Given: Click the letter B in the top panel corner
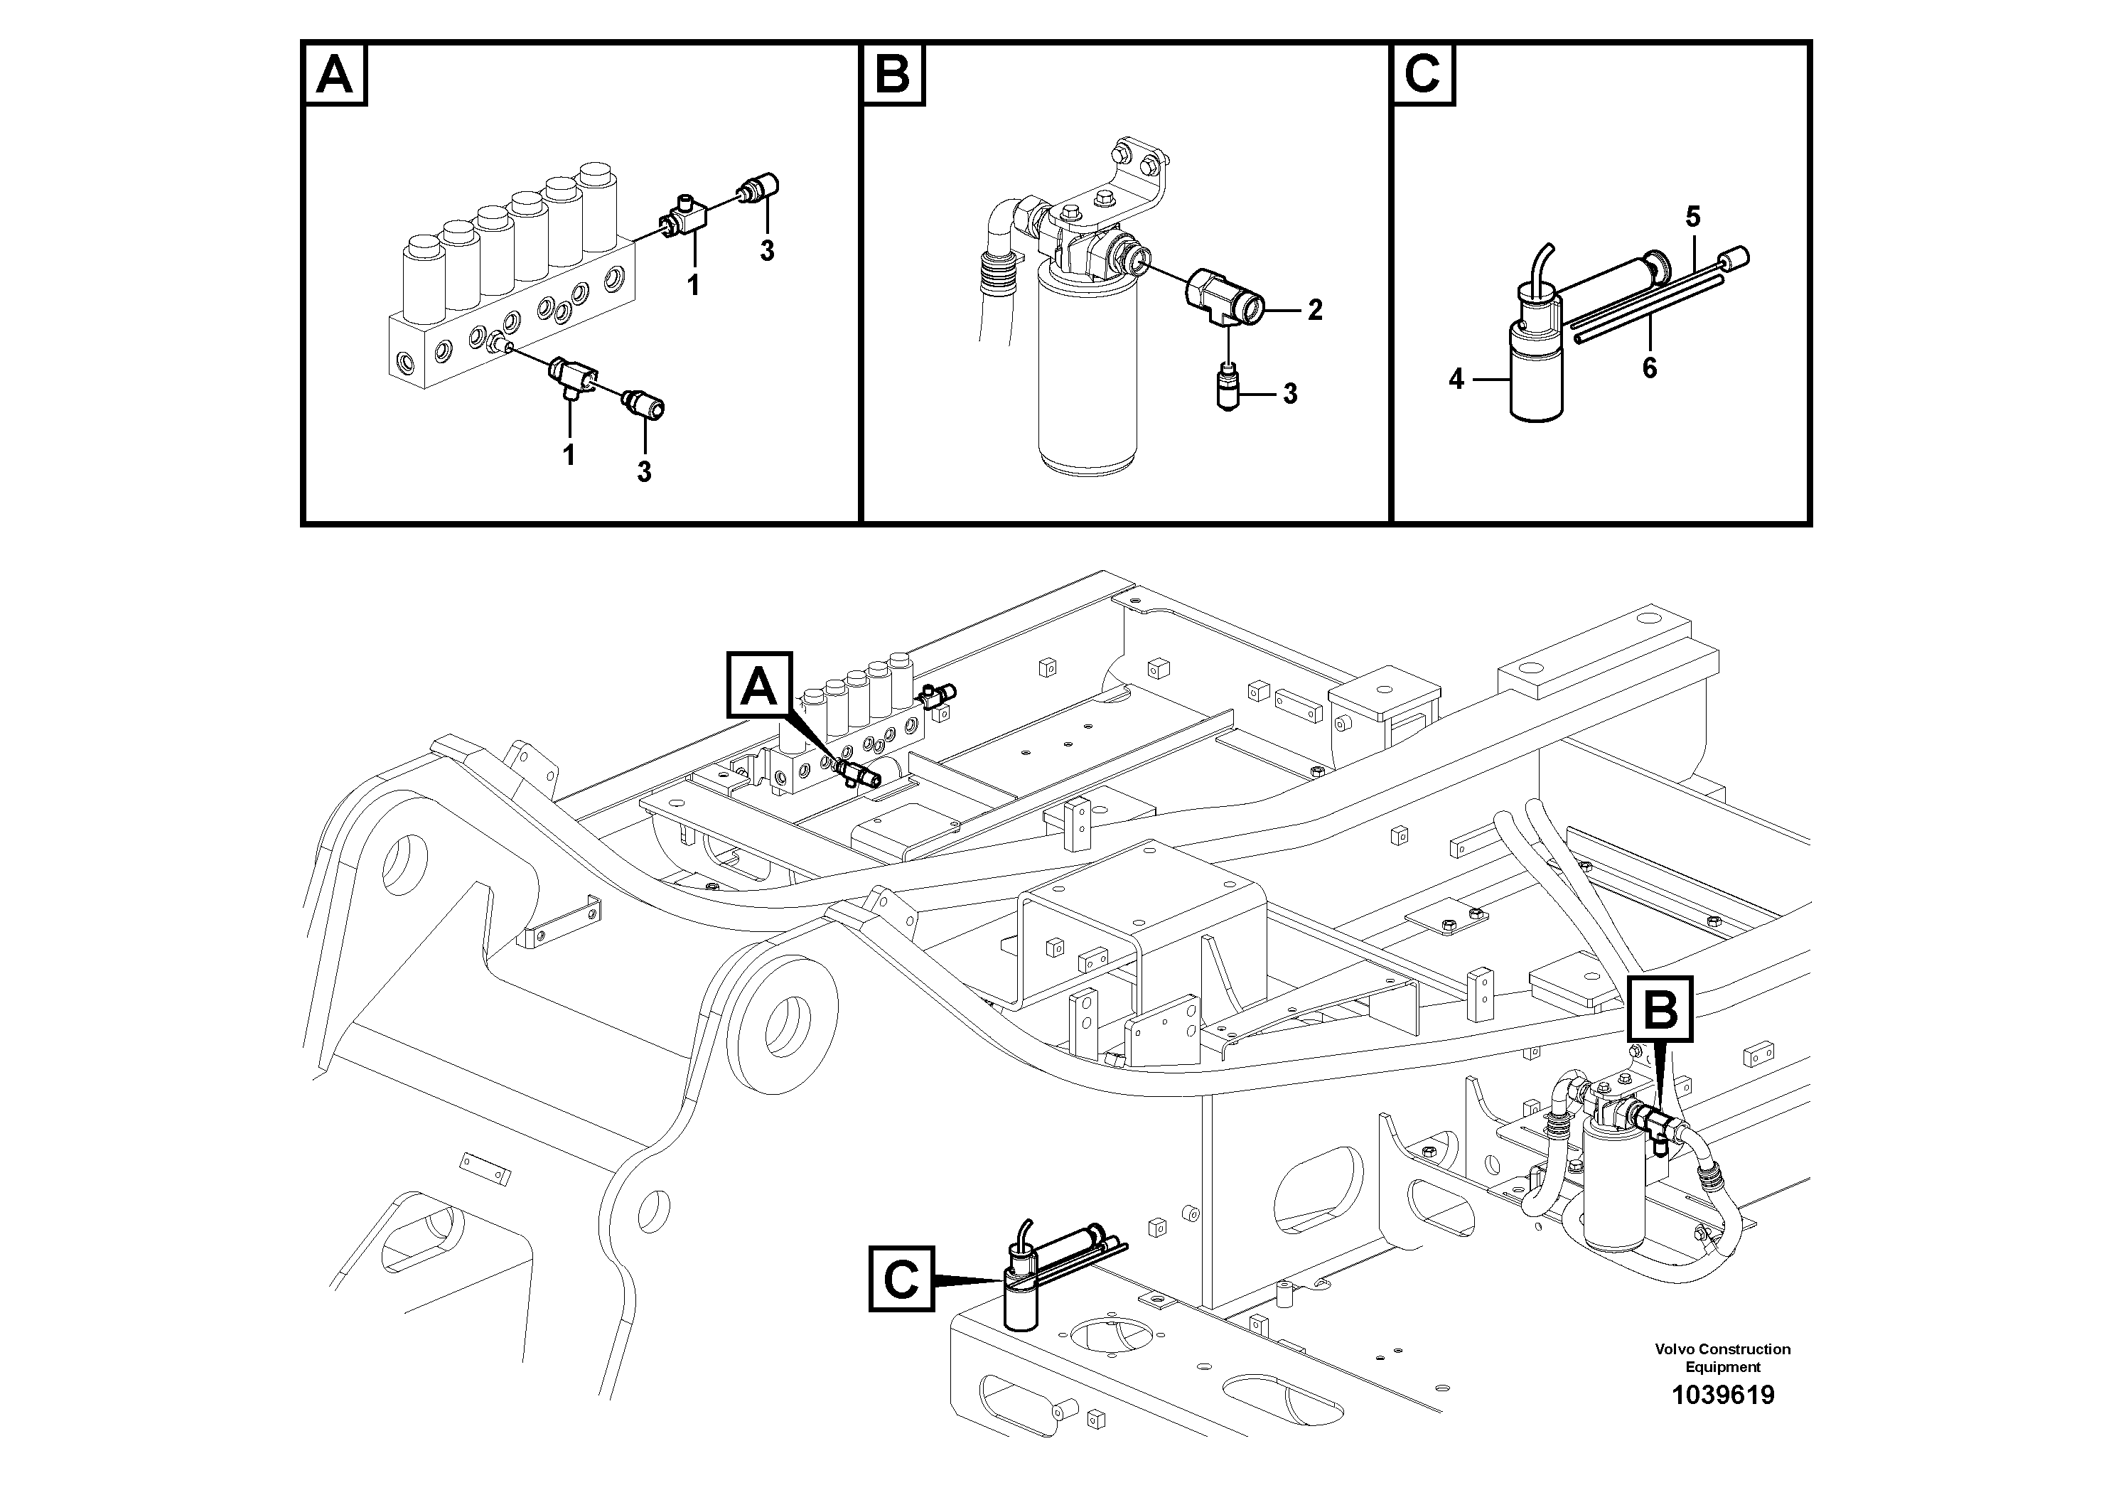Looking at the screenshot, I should click(x=892, y=75).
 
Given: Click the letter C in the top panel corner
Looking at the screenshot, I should click(x=1423, y=75).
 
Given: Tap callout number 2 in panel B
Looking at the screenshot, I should click(x=1315, y=311).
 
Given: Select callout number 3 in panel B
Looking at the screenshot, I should click(x=1290, y=395).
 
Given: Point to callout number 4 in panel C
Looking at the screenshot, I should click(x=1456, y=379).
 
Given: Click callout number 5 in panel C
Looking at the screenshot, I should click(x=1693, y=218).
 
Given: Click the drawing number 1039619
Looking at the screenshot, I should click(x=1722, y=1395).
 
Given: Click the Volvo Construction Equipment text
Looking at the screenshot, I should click(x=1722, y=1357).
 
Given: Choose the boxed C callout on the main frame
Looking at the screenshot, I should click(x=901, y=1278).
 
